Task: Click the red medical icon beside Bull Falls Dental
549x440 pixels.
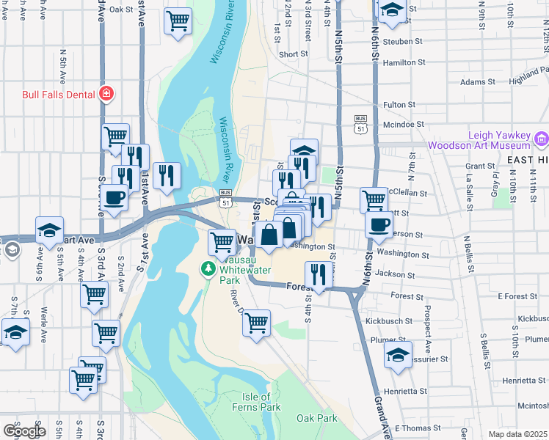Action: click(106, 94)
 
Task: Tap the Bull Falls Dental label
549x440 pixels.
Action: click(59, 94)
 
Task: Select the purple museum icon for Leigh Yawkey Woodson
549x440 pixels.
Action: click(542, 138)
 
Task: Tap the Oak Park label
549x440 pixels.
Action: click(316, 418)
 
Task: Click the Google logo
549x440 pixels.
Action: click(24, 430)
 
